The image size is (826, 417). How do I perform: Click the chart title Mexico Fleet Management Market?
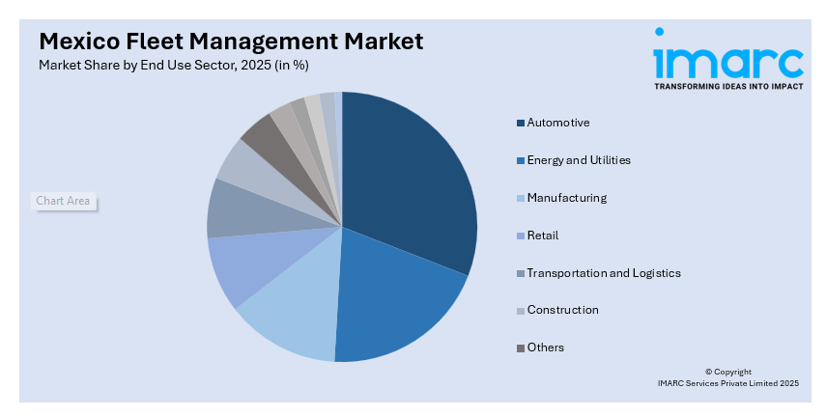pos(231,42)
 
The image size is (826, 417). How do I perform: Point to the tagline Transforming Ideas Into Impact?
pos(727,86)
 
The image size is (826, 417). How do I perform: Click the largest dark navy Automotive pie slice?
pos(411,183)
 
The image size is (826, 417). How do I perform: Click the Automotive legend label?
pos(557,123)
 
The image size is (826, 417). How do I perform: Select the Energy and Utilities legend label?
pos(578,160)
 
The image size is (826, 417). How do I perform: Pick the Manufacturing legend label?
pos(566,198)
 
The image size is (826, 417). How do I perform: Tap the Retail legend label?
pos(542,236)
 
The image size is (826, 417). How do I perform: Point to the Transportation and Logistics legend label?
pos(603,273)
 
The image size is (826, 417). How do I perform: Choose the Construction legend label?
pos(562,310)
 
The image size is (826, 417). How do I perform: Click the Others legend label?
pos(545,347)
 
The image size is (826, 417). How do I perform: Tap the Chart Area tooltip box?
pos(63,201)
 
